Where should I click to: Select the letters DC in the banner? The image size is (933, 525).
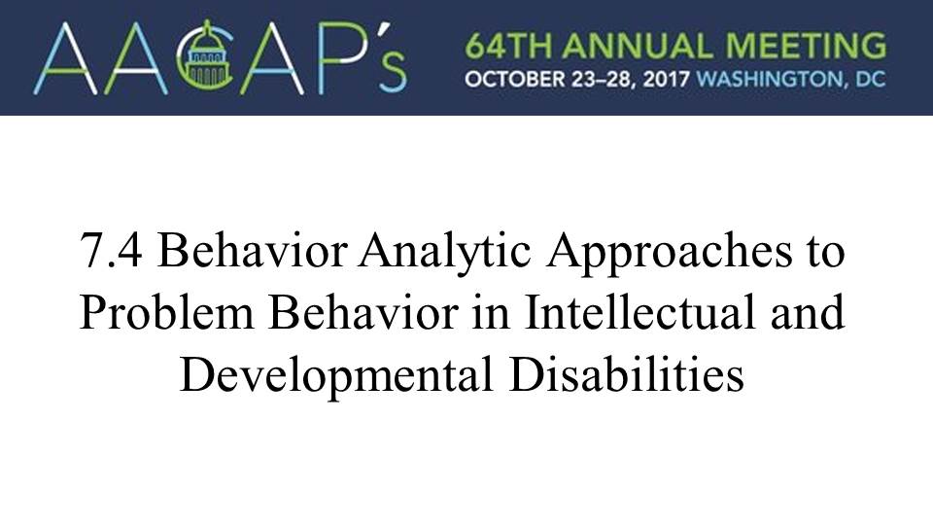[x=871, y=79]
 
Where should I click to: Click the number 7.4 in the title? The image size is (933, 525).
[x=111, y=251]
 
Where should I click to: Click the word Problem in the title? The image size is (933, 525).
[x=166, y=311]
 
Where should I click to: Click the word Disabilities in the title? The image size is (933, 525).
[x=627, y=372]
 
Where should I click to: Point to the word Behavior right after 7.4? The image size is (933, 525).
[x=253, y=250]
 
